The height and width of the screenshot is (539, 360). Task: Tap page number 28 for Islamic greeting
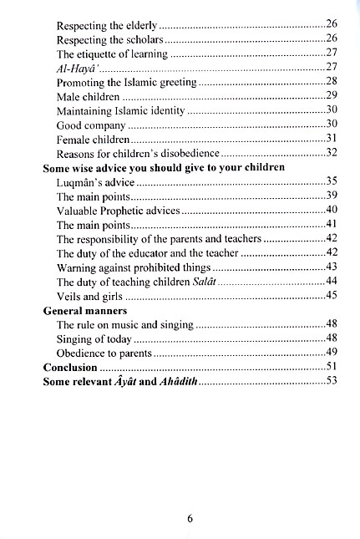pos(330,82)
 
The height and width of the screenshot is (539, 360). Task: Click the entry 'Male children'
pos(89,97)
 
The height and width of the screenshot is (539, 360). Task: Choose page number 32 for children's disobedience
pos(330,154)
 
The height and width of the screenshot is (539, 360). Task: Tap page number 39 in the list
pos(330,196)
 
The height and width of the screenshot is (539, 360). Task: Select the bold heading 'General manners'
pos(80,310)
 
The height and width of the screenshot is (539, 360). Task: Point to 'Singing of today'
pos(94,338)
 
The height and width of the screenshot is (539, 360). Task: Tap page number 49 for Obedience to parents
pos(330,353)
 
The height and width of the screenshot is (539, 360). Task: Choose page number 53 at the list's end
pos(330,381)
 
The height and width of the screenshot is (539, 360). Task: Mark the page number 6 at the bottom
pos(190,518)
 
